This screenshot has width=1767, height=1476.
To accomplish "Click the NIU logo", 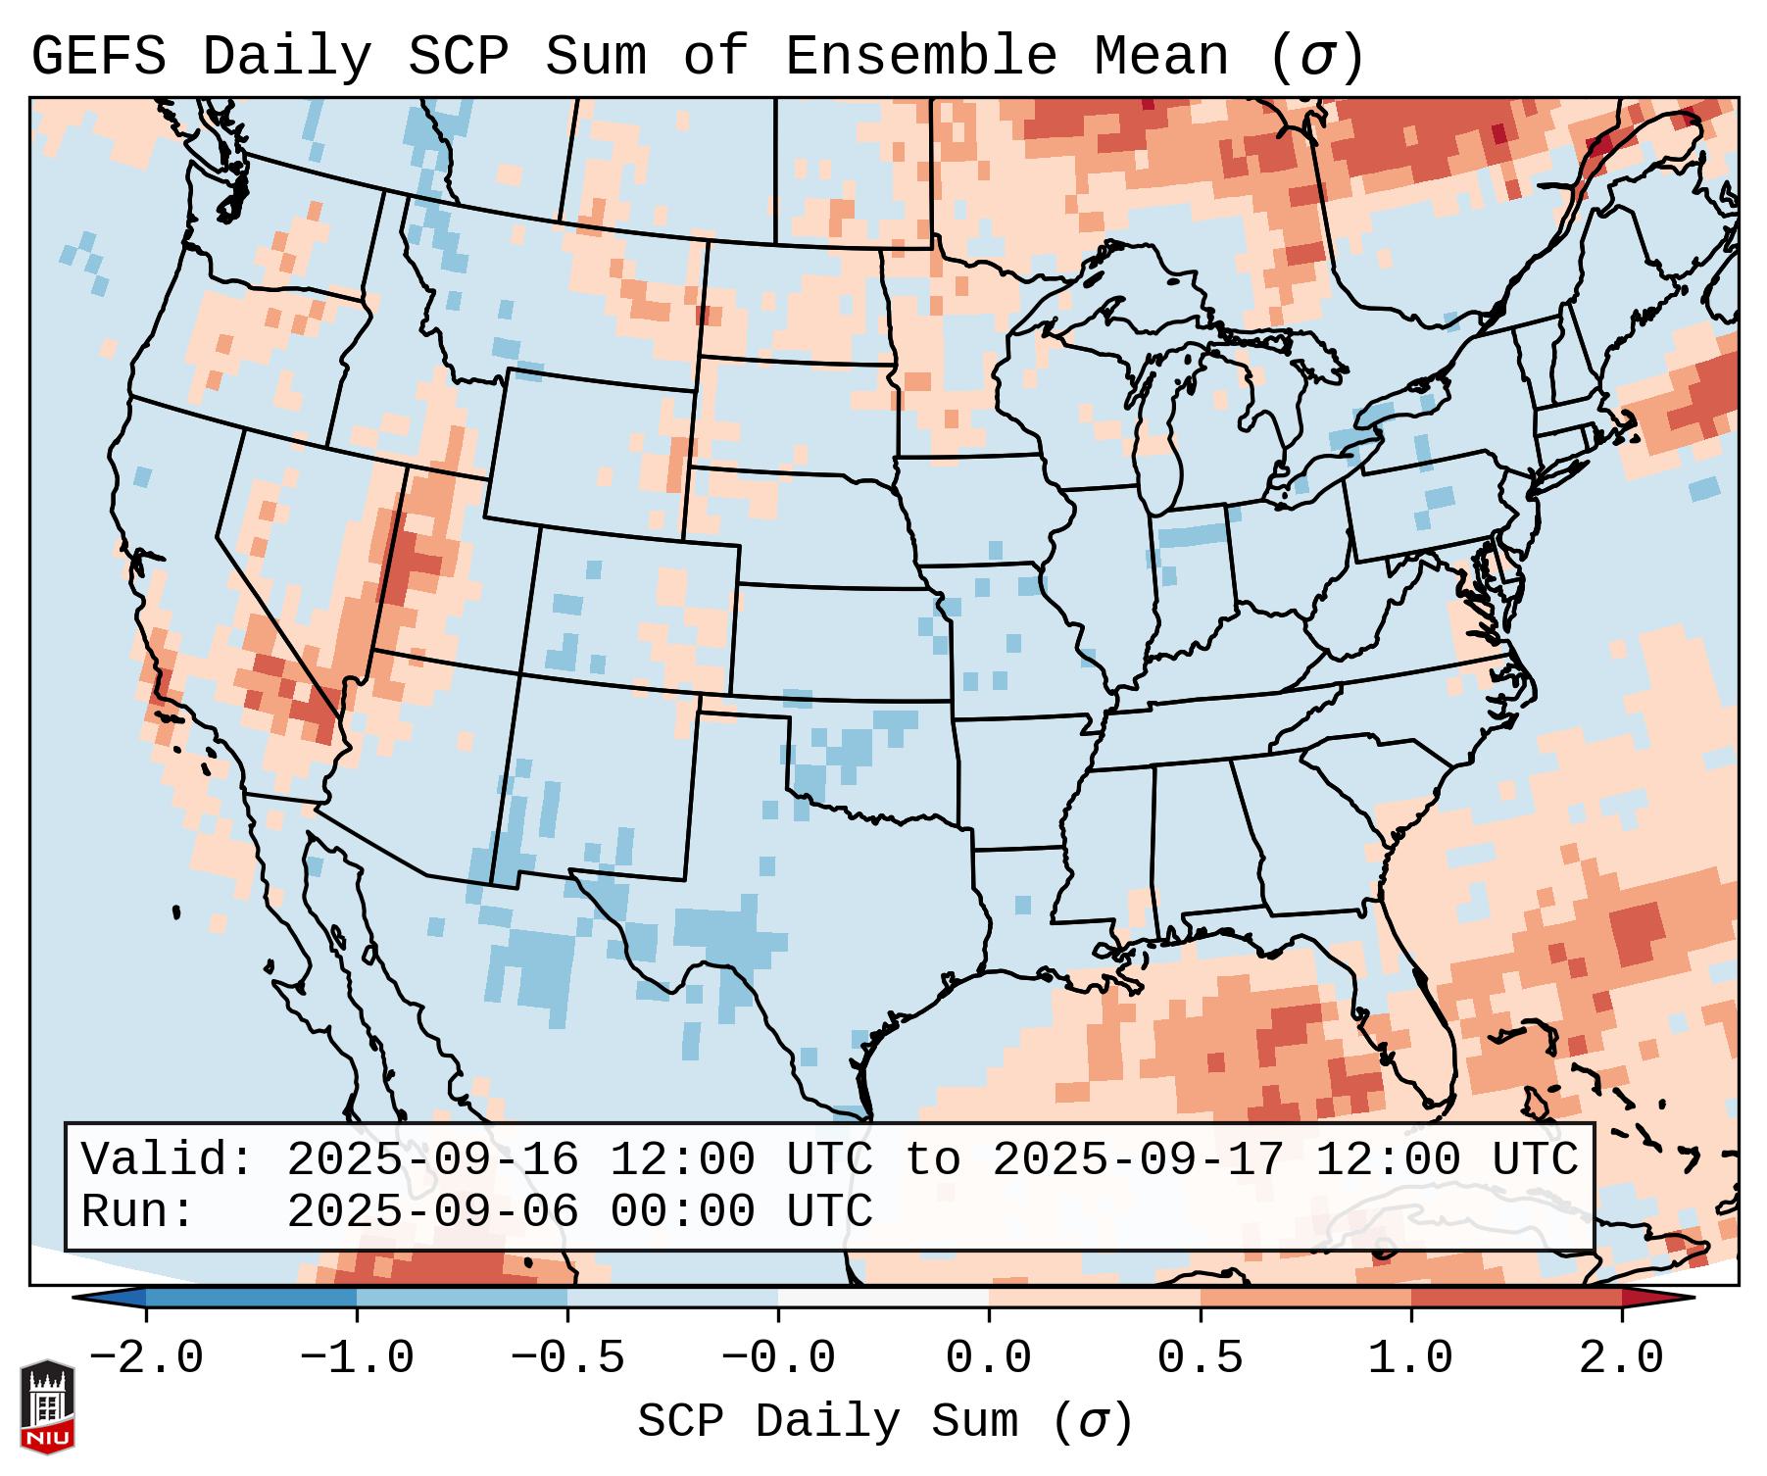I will [x=47, y=1406].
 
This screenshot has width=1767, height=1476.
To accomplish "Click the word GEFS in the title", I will [x=98, y=57].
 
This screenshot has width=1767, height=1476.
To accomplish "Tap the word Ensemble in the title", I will [x=921, y=57].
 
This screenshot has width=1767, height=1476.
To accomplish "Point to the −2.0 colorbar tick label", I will [x=146, y=1358].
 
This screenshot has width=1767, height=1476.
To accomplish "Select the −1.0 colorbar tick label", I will [x=357, y=1358].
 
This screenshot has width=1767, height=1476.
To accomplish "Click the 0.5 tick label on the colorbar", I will [x=1201, y=1358].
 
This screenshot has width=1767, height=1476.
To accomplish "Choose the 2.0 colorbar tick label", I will [x=1622, y=1358].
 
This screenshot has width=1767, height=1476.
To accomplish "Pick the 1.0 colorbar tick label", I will [x=1411, y=1358].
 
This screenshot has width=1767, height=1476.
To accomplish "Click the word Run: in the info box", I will [x=138, y=1212].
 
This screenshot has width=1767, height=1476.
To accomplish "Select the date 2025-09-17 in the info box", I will [x=1138, y=1160].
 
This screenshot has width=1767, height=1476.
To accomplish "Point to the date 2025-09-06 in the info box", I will [x=432, y=1212].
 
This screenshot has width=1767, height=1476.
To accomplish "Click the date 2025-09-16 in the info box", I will [x=432, y=1160].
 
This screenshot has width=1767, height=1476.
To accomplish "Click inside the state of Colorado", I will [x=627, y=608].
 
